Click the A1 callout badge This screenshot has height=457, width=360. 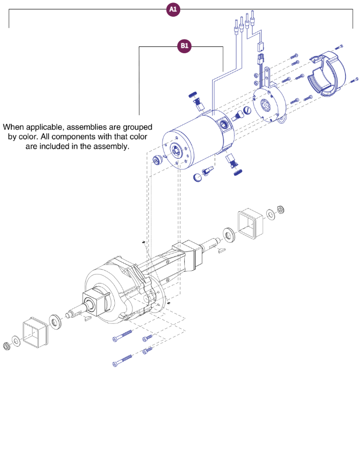tap(173, 10)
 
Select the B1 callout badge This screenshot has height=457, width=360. tap(184, 46)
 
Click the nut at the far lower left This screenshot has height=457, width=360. tap(7, 346)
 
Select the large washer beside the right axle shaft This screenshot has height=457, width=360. tap(229, 234)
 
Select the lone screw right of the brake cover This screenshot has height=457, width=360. tap(338, 47)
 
